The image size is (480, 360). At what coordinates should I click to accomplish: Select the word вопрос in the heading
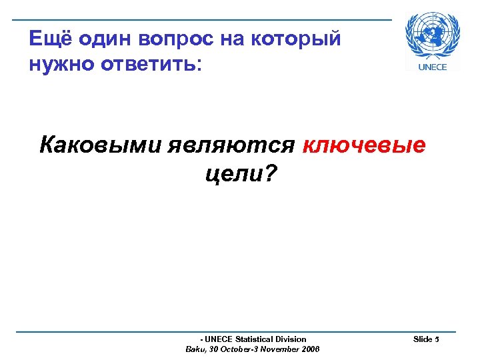[x=176, y=39]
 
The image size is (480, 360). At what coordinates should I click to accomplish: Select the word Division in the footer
[x=291, y=339]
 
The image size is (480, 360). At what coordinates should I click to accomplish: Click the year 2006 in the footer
[x=310, y=349]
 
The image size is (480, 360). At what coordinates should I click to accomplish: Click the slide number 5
[x=437, y=339]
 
